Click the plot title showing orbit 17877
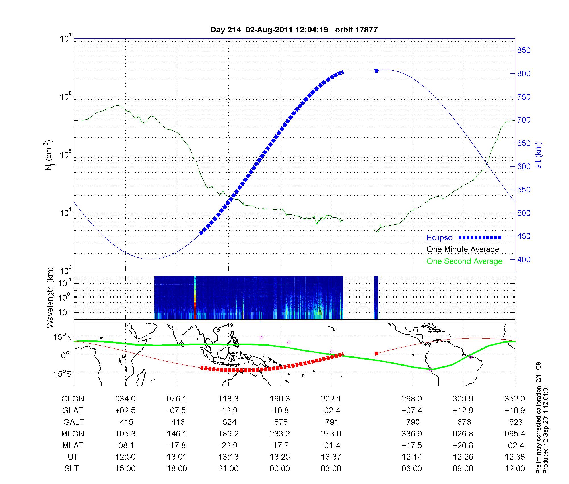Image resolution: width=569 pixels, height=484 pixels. pyautogui.click(x=294, y=30)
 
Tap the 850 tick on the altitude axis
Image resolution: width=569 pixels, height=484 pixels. pyautogui.click(x=524, y=50)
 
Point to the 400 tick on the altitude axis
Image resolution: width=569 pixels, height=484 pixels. pyautogui.click(x=524, y=260)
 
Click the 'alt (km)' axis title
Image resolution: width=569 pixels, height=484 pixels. pyautogui.click(x=539, y=155)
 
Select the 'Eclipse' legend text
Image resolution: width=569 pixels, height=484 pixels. pyautogui.click(x=439, y=238)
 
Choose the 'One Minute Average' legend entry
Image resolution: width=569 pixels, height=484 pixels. pyautogui.click(x=463, y=249)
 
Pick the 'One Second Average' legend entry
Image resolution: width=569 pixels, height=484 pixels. pyautogui.click(x=464, y=261)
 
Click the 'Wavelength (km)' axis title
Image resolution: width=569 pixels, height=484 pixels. pyautogui.click(x=50, y=298)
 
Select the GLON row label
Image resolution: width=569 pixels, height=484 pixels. pyautogui.click(x=73, y=399)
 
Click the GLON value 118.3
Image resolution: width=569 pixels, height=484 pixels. pyautogui.click(x=228, y=399)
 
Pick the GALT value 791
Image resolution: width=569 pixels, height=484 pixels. pyautogui.click(x=332, y=422)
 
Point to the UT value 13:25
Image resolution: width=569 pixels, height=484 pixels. pyautogui.click(x=280, y=457)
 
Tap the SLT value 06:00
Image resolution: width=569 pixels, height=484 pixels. pyautogui.click(x=412, y=469)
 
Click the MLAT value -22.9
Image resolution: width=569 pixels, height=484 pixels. pyautogui.click(x=228, y=445)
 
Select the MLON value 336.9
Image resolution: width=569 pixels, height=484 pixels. pyautogui.click(x=412, y=434)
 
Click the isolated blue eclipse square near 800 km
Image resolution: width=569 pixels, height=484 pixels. pyautogui.click(x=376, y=71)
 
